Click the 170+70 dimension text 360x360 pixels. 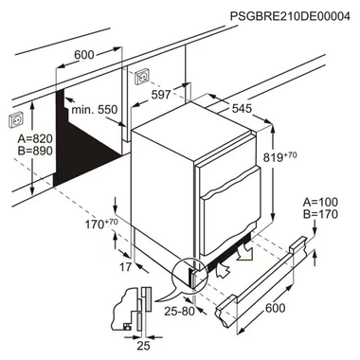pyautogui.click(x=99, y=225)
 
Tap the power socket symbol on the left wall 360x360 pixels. pyautogui.click(x=15, y=120)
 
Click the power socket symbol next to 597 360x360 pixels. pyautogui.click(x=143, y=75)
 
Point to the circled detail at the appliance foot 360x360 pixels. pyautogui.click(x=193, y=275)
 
